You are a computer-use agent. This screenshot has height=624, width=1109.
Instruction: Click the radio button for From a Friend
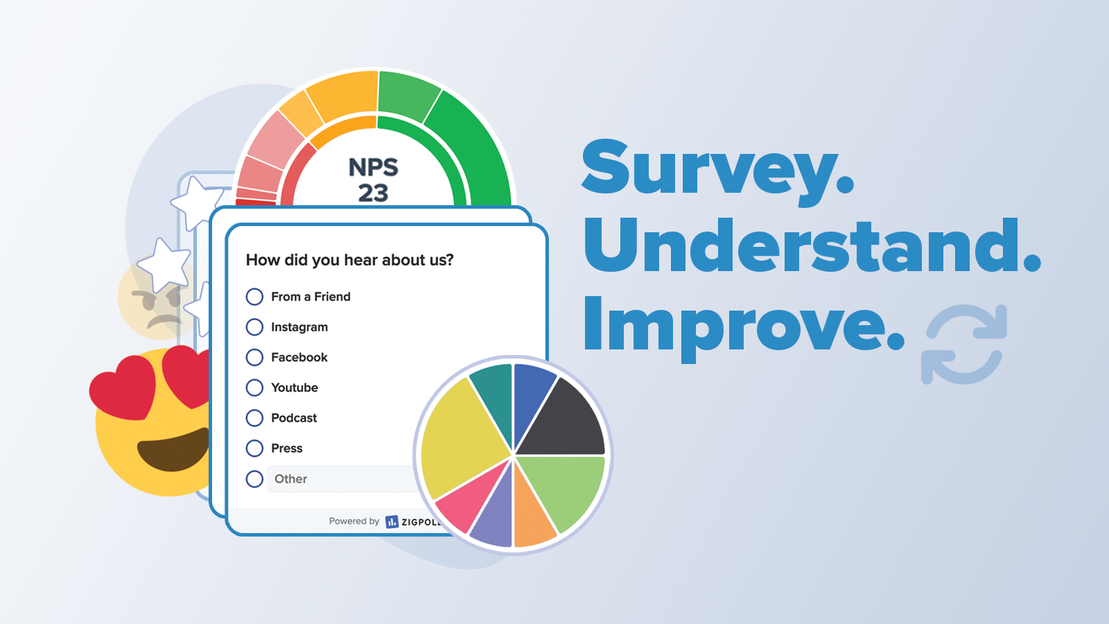tap(254, 297)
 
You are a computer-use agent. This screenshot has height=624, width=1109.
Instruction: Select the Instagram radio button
tap(254, 327)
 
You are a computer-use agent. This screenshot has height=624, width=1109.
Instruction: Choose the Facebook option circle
tap(254, 357)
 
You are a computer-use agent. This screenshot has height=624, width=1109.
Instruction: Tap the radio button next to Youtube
tap(254, 388)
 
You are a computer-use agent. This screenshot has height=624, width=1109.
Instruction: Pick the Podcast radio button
tap(254, 418)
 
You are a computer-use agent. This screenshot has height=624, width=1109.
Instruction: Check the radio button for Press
tap(254, 449)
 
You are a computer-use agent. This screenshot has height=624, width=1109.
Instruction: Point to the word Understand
tap(811, 246)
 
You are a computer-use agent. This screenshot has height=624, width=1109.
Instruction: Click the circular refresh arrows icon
tap(964, 344)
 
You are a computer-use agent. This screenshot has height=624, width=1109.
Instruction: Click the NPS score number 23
tap(373, 193)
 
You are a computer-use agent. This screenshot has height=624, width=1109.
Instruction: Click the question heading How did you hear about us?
tap(349, 260)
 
